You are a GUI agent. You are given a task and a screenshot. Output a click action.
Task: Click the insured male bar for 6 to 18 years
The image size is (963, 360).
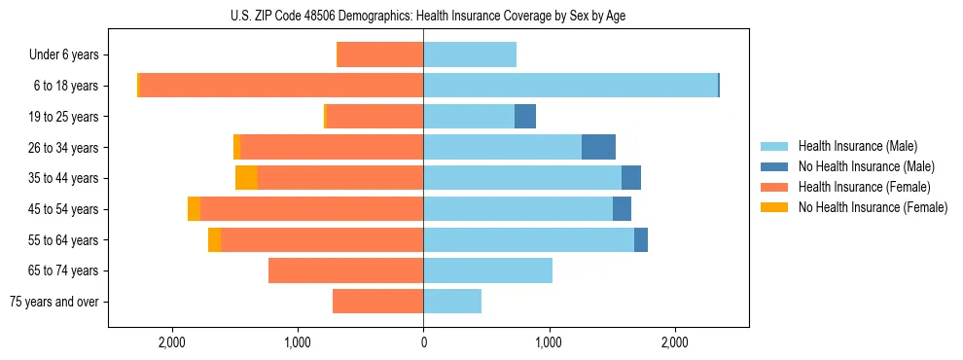(x=570, y=86)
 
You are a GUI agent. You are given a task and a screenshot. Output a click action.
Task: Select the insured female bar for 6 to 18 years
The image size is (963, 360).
(x=281, y=86)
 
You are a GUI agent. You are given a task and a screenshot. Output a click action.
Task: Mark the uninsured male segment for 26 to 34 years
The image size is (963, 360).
(x=598, y=147)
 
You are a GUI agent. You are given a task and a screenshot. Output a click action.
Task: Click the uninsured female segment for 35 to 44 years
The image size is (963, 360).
(x=246, y=178)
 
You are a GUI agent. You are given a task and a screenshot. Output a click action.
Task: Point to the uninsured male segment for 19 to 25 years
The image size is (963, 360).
(x=525, y=117)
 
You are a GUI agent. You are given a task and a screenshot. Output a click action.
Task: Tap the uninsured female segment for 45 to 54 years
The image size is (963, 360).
(x=194, y=209)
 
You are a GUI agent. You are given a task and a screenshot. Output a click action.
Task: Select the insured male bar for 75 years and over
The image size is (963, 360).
(x=452, y=302)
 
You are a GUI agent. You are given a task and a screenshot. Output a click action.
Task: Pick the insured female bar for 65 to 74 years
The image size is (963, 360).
(x=345, y=270)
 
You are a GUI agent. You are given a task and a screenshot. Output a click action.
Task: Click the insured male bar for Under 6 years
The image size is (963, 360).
(x=470, y=55)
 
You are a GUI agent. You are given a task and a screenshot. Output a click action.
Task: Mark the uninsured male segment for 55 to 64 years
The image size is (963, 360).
(x=641, y=239)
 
